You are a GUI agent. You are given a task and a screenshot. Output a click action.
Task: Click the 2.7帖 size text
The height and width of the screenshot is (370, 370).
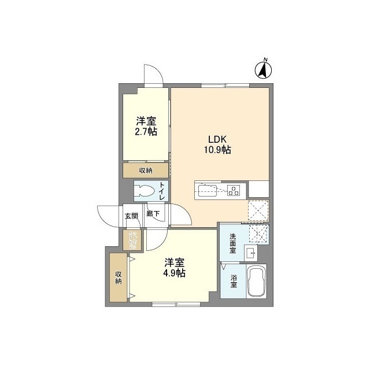tap(146, 132)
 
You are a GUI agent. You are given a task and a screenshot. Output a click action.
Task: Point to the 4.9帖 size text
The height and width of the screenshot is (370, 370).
tap(173, 273)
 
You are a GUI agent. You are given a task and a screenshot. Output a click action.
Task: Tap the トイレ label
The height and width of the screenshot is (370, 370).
tap(162, 191)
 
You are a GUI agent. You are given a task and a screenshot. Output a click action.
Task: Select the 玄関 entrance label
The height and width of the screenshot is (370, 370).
tap(131, 216)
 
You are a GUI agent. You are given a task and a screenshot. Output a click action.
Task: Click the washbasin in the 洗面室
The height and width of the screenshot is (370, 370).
tap(250, 253)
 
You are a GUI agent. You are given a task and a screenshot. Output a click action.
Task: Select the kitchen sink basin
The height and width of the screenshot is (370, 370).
tap(206, 189)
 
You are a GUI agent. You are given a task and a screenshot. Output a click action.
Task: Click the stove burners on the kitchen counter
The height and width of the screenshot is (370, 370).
tap(234, 189)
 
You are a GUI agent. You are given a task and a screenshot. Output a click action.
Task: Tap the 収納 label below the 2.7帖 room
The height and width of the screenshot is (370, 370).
tap(145, 170)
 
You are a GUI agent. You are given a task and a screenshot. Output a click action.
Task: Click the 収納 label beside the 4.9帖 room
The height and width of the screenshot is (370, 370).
tap(118, 277)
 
